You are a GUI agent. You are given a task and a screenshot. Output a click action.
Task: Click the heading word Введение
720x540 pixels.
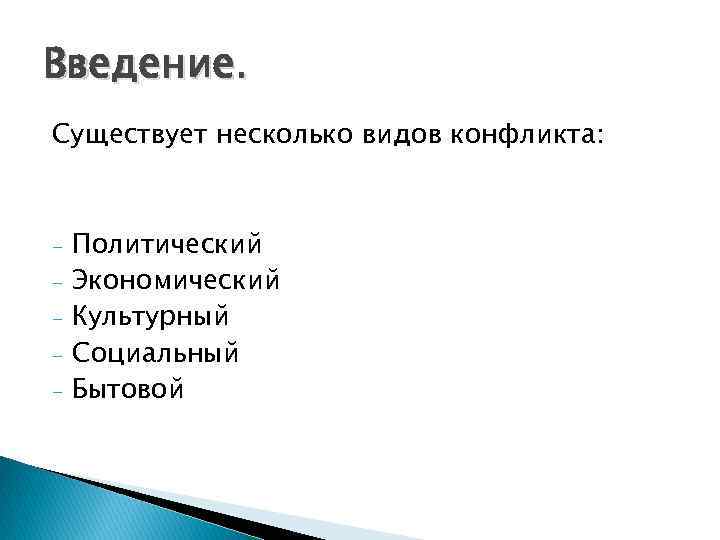tap(142, 68)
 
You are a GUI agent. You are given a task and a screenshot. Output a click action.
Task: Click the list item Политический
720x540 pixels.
tap(168, 244)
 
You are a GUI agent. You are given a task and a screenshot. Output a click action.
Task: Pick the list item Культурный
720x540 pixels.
tap(151, 317)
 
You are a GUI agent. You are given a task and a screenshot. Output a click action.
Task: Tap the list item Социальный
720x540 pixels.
tap(155, 353)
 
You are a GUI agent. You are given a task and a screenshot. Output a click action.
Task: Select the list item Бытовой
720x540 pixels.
tap(128, 389)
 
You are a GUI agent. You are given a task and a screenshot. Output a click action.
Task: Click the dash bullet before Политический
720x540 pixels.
tap(59, 246)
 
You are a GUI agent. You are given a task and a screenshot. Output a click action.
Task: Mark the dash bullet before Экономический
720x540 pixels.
tap(59, 282)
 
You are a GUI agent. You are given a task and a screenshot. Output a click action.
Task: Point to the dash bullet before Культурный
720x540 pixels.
tap(59, 319)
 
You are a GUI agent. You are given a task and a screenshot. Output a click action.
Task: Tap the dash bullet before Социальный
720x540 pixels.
tap(59, 355)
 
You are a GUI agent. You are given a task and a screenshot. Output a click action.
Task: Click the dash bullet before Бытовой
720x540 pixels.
tap(59, 391)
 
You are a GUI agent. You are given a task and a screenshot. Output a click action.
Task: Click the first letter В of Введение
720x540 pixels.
tap(56, 68)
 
